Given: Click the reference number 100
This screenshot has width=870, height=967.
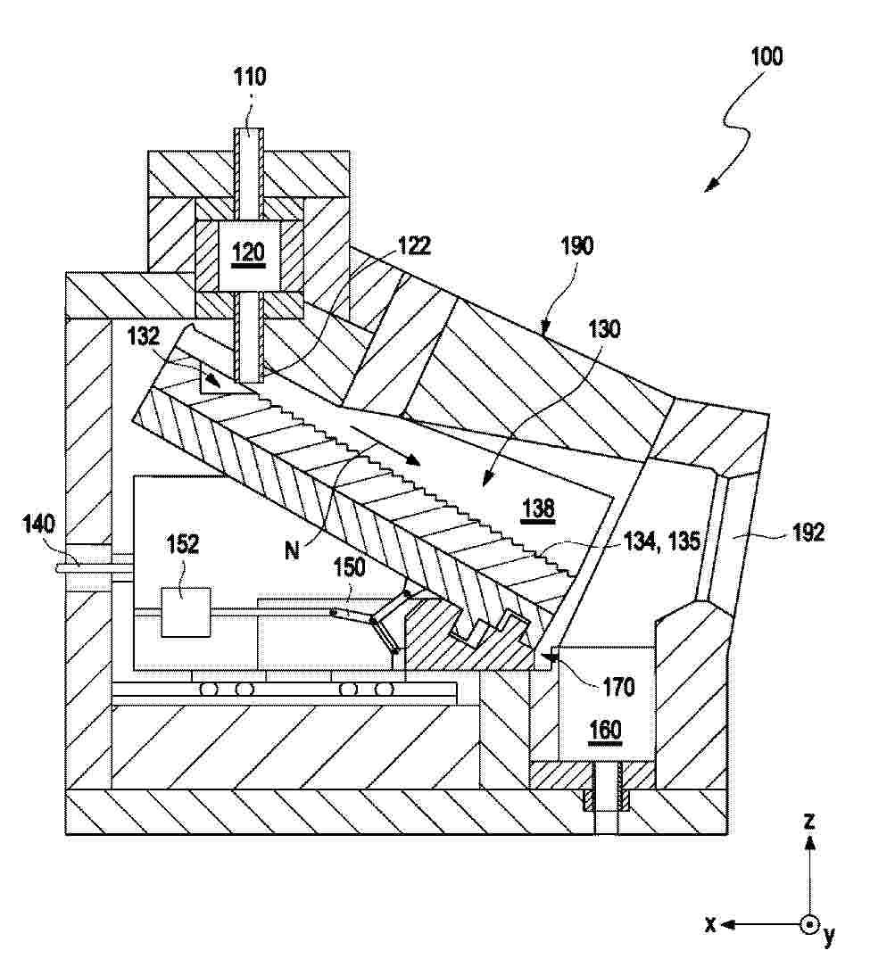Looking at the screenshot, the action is pos(766,56).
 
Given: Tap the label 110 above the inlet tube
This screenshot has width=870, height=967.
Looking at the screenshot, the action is pos(249,77).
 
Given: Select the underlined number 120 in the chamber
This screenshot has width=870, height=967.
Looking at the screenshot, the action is pos(249,252).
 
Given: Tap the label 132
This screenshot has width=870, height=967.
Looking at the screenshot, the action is pos(143,336).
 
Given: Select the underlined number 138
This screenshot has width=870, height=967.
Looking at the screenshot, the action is pos(538,508).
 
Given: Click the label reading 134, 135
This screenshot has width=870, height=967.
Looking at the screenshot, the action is pos(661,541).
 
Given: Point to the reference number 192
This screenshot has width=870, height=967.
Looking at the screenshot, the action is pos(808,533).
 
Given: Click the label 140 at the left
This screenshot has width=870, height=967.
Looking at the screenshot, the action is pos(38,525).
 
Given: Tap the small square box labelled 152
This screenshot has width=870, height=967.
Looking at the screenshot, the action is pos(186,612).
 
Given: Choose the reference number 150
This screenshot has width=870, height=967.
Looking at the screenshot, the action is pos(349,566).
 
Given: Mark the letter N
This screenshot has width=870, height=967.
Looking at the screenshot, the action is pos(292,550).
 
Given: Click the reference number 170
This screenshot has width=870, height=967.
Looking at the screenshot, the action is pos(618,686).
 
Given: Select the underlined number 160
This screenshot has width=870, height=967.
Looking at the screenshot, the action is pos(605,731).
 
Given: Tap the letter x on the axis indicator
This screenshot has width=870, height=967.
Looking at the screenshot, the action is pos(710,923).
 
